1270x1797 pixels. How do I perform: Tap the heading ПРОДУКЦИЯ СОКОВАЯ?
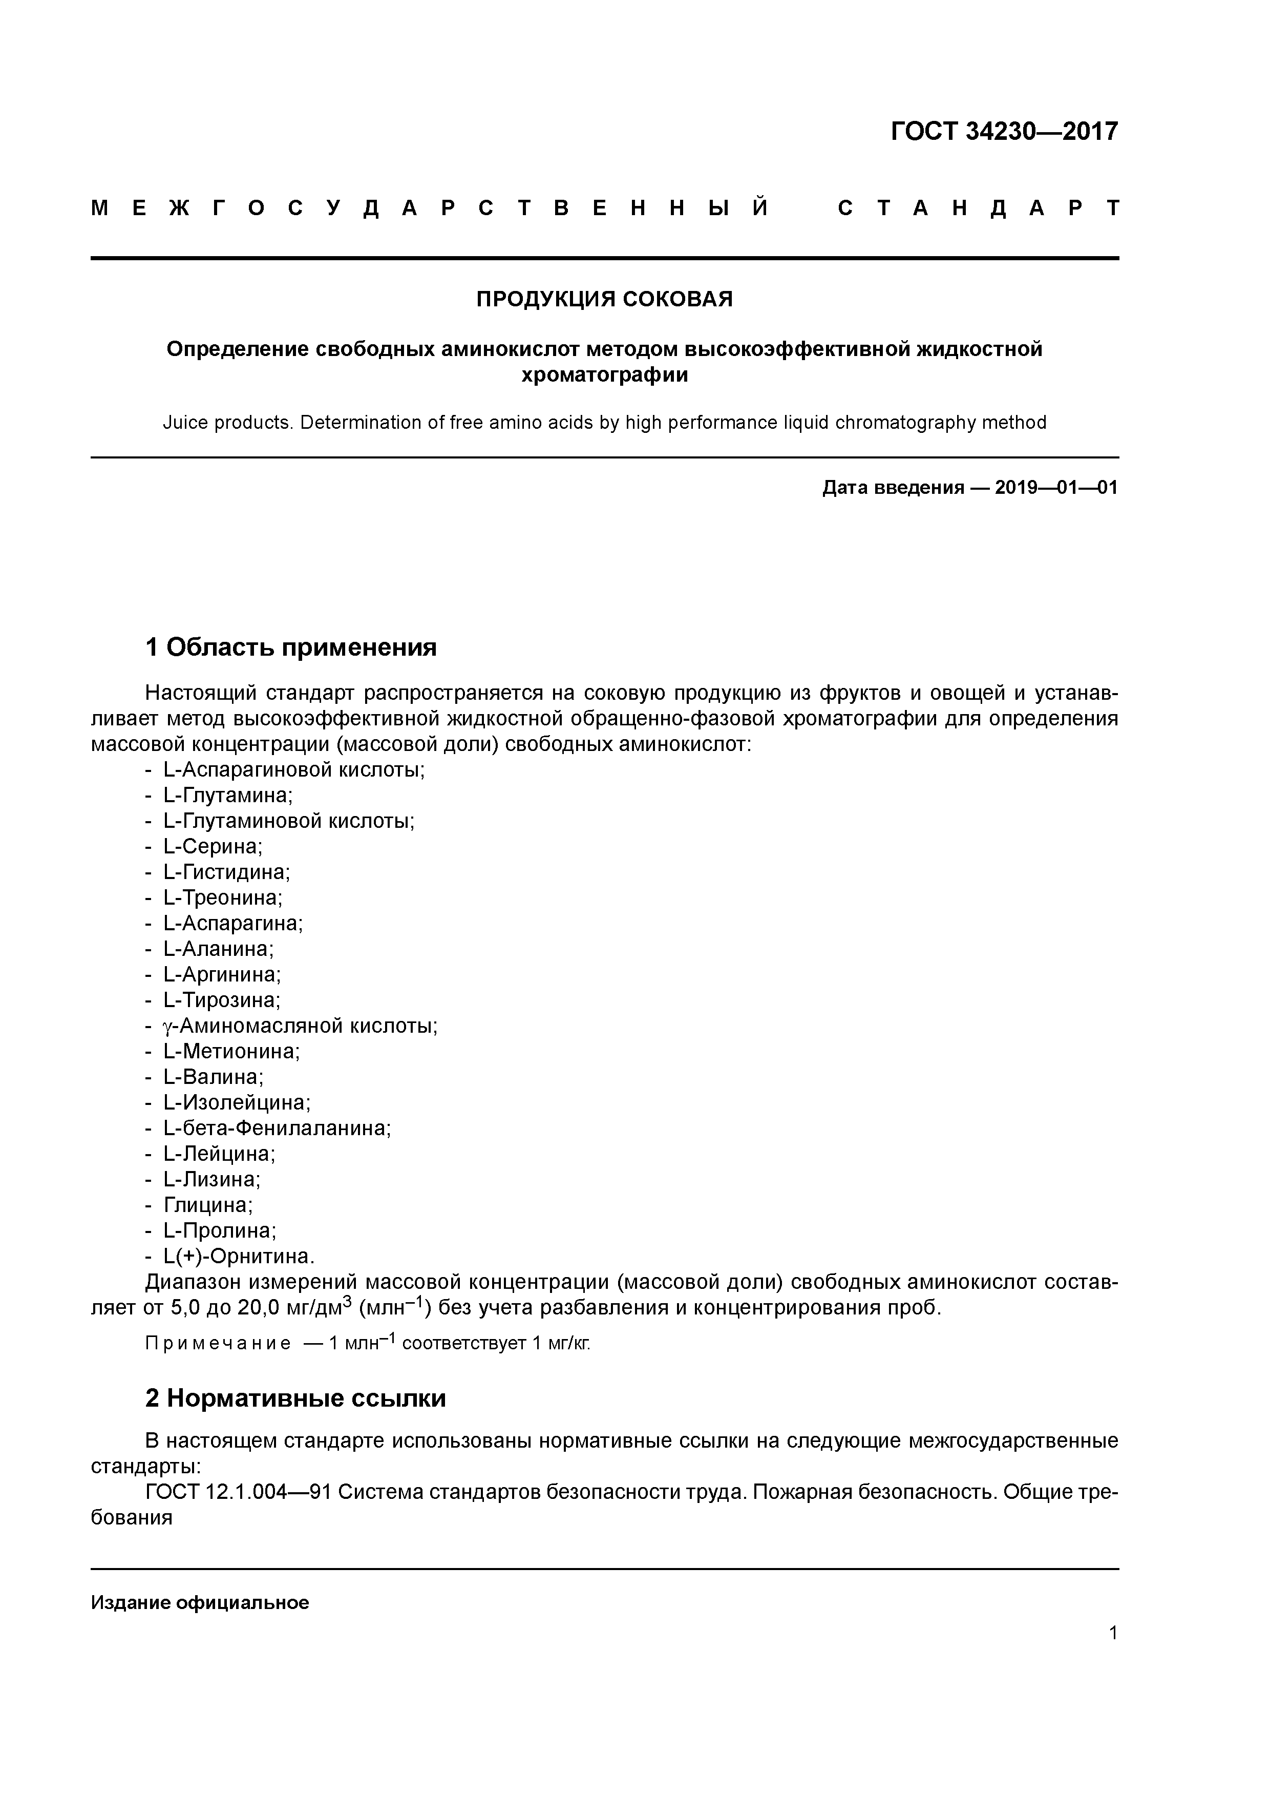click(x=604, y=299)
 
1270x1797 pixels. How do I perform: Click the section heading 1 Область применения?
click(x=290, y=647)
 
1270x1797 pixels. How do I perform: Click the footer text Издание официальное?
click(x=200, y=1602)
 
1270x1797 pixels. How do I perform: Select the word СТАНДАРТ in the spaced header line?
click(x=978, y=208)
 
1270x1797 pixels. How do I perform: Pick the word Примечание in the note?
click(x=218, y=1344)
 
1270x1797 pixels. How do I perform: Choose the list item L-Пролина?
click(x=219, y=1230)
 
